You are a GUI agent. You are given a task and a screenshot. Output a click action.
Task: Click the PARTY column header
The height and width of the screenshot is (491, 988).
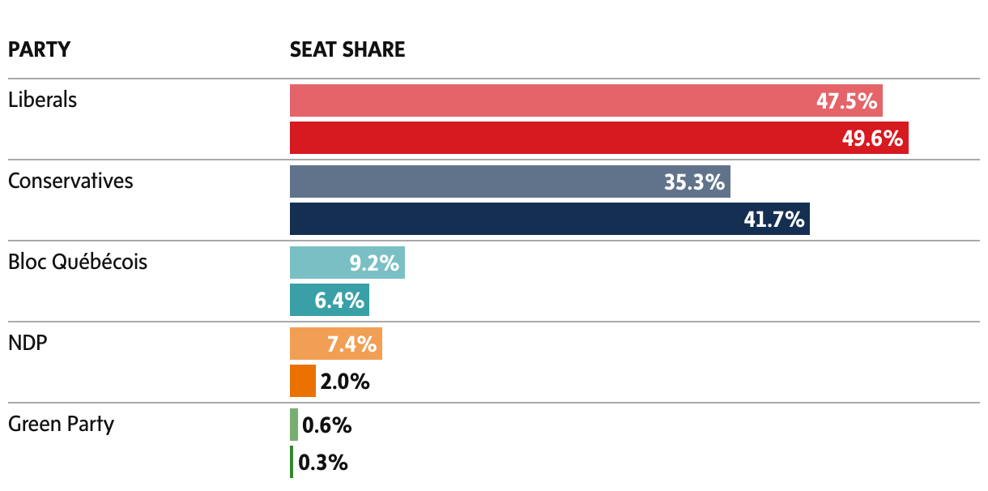pyautogui.click(x=39, y=49)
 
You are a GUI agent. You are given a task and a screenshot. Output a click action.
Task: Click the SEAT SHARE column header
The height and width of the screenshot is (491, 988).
pyautogui.click(x=347, y=49)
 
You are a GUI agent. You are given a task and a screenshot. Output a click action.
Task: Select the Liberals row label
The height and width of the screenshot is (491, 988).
pyautogui.click(x=42, y=100)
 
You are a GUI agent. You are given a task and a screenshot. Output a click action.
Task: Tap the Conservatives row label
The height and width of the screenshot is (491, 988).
pyautogui.click(x=70, y=181)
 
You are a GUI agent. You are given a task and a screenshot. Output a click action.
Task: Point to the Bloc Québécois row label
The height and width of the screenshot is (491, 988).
pyautogui.click(x=78, y=262)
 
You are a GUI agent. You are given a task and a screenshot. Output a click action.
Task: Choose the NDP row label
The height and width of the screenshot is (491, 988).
pyautogui.click(x=28, y=343)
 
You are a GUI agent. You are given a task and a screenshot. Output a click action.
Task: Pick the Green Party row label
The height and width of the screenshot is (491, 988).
pyautogui.click(x=61, y=424)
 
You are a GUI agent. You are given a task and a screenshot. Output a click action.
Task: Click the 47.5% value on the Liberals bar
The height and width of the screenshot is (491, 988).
pyautogui.click(x=846, y=101)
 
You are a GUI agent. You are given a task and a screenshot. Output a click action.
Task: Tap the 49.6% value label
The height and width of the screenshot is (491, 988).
pyautogui.click(x=872, y=139)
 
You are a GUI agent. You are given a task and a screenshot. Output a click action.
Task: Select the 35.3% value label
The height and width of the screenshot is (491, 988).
pyautogui.click(x=694, y=182)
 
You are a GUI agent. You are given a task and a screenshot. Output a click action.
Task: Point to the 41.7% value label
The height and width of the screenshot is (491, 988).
pyautogui.click(x=773, y=220)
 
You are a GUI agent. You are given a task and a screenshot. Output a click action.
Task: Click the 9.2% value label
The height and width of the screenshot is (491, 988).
pyautogui.click(x=373, y=263)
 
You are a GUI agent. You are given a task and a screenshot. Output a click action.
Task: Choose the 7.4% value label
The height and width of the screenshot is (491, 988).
pyautogui.click(x=351, y=344)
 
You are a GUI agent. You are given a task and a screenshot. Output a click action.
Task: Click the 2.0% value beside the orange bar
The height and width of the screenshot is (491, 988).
pyautogui.click(x=345, y=382)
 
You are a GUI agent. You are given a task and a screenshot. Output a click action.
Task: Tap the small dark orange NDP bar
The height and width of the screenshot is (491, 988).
pyautogui.click(x=302, y=381)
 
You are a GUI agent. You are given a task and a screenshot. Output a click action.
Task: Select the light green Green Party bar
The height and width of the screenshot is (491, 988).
pyautogui.click(x=293, y=425)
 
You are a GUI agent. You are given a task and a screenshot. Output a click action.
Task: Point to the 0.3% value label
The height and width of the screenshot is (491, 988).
pyautogui.click(x=323, y=463)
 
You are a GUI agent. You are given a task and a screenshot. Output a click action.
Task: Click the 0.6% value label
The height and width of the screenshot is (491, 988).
pyautogui.click(x=326, y=425)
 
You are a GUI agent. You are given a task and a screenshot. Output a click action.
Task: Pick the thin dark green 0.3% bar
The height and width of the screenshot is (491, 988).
pyautogui.click(x=292, y=462)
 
